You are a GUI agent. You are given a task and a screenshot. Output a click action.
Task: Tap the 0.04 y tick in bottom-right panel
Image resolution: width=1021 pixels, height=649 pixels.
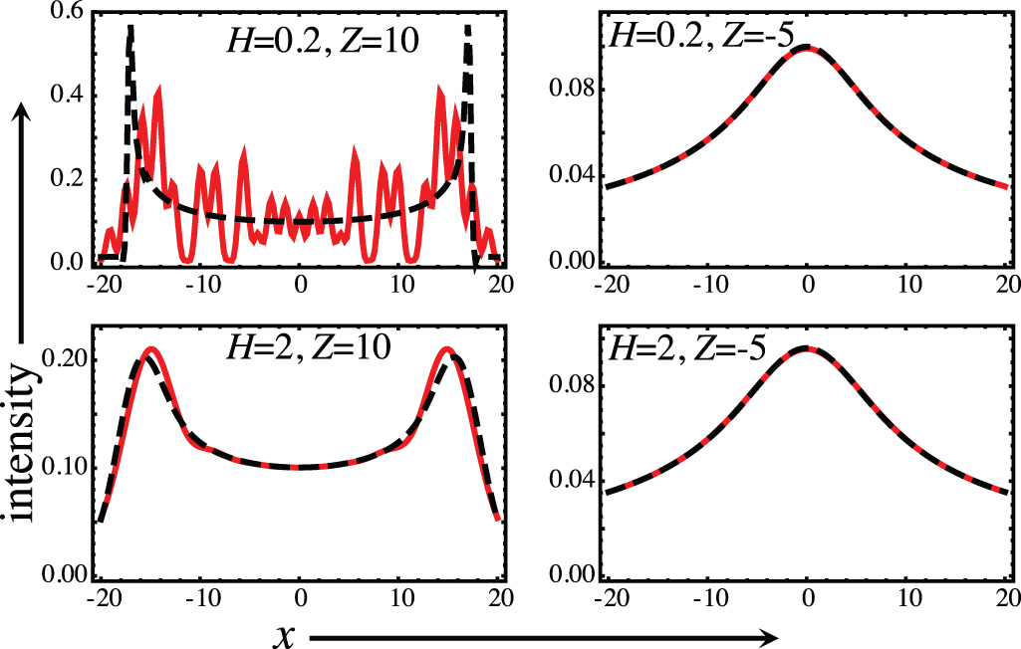pos(572,481)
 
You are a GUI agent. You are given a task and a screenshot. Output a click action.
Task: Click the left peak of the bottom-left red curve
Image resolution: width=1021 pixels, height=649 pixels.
pos(150,349)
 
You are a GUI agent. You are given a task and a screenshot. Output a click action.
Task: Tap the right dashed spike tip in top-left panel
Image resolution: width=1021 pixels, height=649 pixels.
pos(467,27)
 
